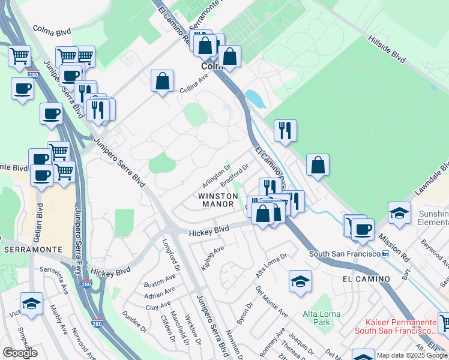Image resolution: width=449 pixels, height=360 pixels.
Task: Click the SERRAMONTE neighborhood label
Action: tap(30, 248)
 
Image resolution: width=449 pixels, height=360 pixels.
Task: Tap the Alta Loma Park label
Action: tap(321, 318)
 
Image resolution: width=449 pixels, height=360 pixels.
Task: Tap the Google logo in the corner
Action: tap(20, 353)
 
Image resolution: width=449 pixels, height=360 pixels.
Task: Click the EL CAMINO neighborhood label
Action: tap(366, 279)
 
